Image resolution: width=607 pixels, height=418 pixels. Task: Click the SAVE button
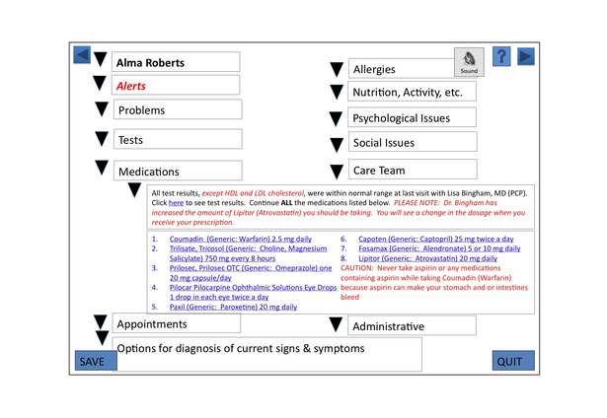[92, 361]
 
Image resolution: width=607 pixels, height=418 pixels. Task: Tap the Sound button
[470, 62]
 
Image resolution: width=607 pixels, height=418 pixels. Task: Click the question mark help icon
[501, 56]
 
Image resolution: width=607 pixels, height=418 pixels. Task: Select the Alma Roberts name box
[176, 62]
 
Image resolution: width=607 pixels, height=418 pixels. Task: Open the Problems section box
[176, 110]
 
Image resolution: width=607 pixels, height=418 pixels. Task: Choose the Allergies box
[413, 69]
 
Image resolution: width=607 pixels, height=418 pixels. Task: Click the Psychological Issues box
[413, 118]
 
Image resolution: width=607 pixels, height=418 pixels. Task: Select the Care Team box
[413, 170]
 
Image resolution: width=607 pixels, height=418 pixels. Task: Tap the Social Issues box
[413, 143]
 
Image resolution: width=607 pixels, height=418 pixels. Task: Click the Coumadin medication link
[240, 239]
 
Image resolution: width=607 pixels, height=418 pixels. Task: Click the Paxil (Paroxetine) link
[233, 307]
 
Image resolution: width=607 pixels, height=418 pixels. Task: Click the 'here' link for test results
[175, 202]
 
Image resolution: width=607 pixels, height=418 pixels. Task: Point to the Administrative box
[413, 326]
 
